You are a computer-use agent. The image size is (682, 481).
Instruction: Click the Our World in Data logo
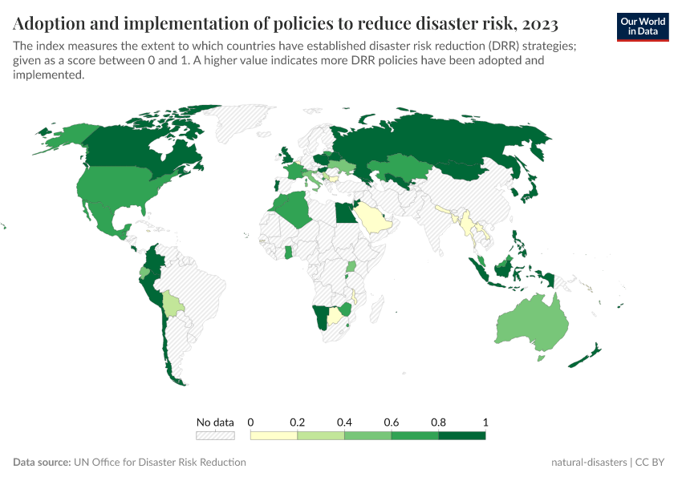point(643,26)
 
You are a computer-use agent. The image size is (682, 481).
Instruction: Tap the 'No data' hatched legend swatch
point(215,435)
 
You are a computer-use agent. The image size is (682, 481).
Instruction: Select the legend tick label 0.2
point(298,422)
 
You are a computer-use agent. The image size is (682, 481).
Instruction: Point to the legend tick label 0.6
point(392,422)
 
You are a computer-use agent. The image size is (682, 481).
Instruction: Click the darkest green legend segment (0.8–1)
point(462,435)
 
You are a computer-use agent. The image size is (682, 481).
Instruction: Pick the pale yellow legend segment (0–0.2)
point(274,435)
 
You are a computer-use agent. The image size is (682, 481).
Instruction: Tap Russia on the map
point(449,140)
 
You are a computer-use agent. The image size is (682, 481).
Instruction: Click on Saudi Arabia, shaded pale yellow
point(373,217)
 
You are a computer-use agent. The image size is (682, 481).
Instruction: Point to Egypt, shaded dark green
point(343,213)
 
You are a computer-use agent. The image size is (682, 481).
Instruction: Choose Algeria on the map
point(292,210)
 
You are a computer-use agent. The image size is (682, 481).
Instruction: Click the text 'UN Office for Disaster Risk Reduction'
point(159,463)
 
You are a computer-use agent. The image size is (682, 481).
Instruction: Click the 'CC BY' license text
point(652,463)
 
